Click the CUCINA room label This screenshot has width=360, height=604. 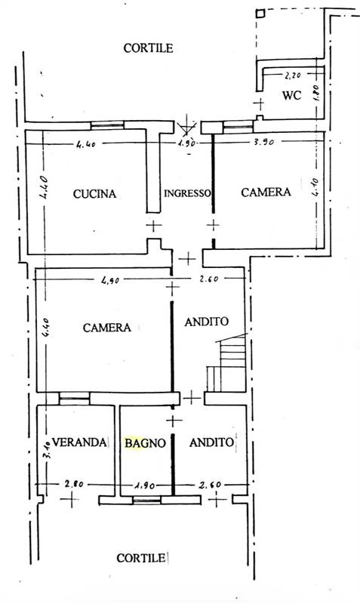click(94, 193)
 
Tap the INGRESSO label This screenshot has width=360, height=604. click(187, 193)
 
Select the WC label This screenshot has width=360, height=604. click(291, 95)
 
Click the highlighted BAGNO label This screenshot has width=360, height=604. click(145, 443)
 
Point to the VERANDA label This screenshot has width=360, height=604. click(79, 442)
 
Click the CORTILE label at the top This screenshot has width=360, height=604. click(148, 48)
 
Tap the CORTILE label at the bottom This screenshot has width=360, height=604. click(141, 558)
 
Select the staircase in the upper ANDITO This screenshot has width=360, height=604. click(226, 363)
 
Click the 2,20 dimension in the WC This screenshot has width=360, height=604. click(293, 75)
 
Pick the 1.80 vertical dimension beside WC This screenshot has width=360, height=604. click(315, 92)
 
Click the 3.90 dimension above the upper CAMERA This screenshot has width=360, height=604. click(263, 142)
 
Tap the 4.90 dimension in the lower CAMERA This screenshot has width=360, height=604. click(110, 280)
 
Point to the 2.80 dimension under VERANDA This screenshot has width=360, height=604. click(73, 484)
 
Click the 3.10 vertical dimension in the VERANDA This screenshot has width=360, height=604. click(48, 450)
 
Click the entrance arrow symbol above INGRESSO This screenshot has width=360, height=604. click(186, 125)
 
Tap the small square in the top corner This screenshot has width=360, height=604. click(260, 14)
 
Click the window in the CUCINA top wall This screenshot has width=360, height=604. click(107, 125)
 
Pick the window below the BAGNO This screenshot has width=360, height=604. click(146, 501)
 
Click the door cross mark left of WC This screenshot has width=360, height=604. click(259, 103)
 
